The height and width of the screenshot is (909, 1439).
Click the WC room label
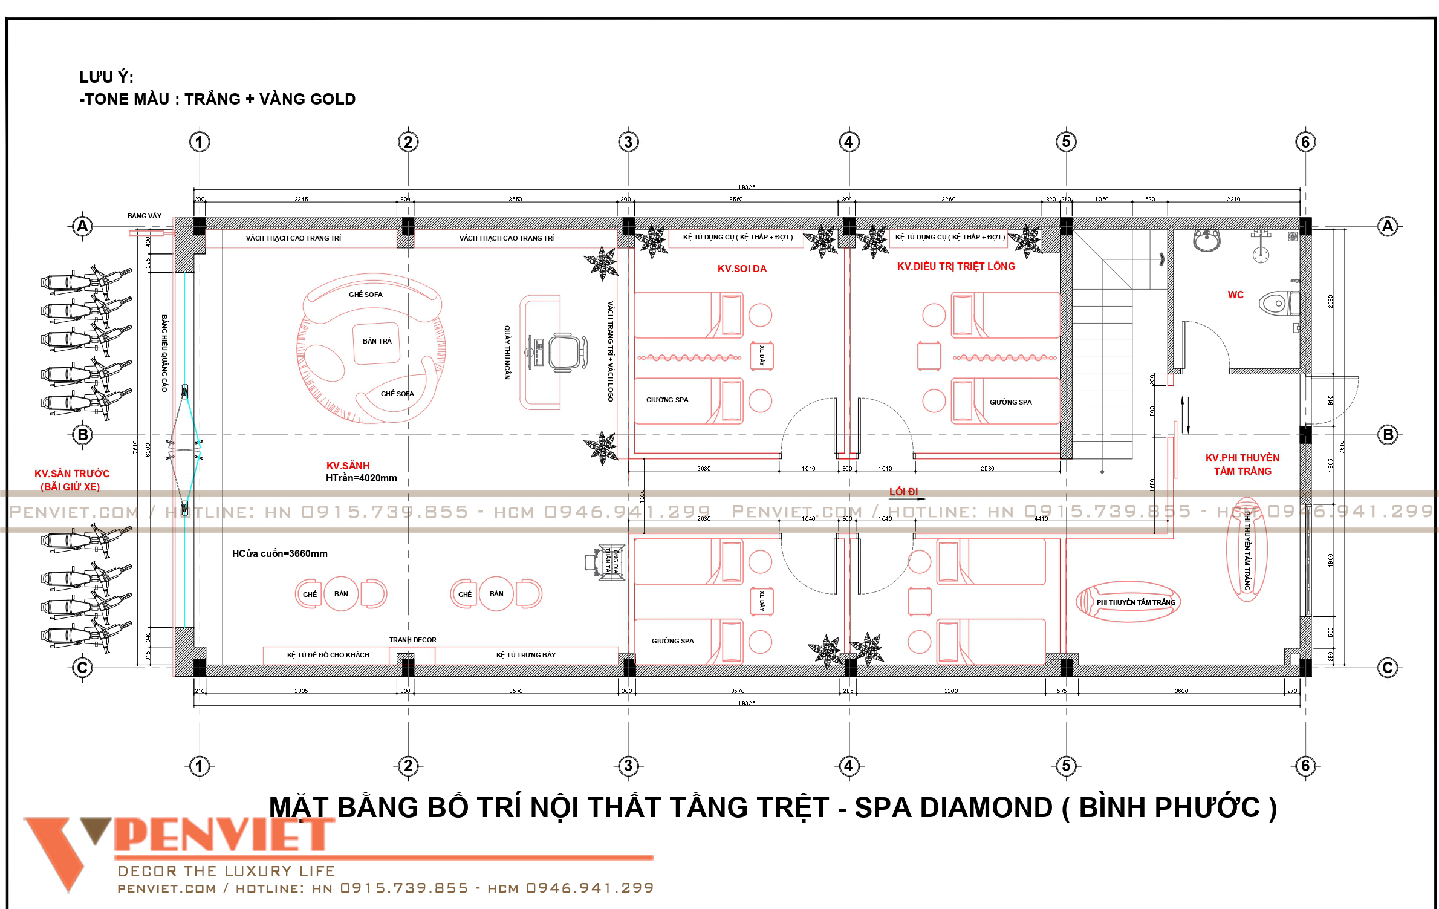coord(1235,295)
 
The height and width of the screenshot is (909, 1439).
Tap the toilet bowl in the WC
coord(1276,303)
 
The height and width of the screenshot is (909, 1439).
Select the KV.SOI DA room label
coord(742,269)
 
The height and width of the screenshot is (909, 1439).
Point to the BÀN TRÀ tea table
coord(377,341)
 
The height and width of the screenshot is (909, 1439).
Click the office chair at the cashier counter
coord(567,352)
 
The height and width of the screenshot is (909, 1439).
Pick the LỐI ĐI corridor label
coord(903,492)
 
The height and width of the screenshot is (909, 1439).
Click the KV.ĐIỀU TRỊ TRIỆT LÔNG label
coord(956,266)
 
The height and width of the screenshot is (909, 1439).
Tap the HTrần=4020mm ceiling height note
coord(361,478)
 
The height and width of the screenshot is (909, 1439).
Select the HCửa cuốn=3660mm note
coord(279,553)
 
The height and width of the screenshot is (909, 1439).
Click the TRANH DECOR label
coord(412,640)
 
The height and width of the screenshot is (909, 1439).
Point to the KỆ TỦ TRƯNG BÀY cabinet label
coord(525,655)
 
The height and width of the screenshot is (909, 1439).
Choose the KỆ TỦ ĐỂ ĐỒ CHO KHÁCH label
coord(328,655)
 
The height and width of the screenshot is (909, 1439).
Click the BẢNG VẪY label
coord(145,216)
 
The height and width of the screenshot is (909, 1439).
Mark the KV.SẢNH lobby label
coord(348,466)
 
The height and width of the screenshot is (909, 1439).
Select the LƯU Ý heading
coord(106,77)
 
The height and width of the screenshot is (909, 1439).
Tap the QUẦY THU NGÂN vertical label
coord(507,352)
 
